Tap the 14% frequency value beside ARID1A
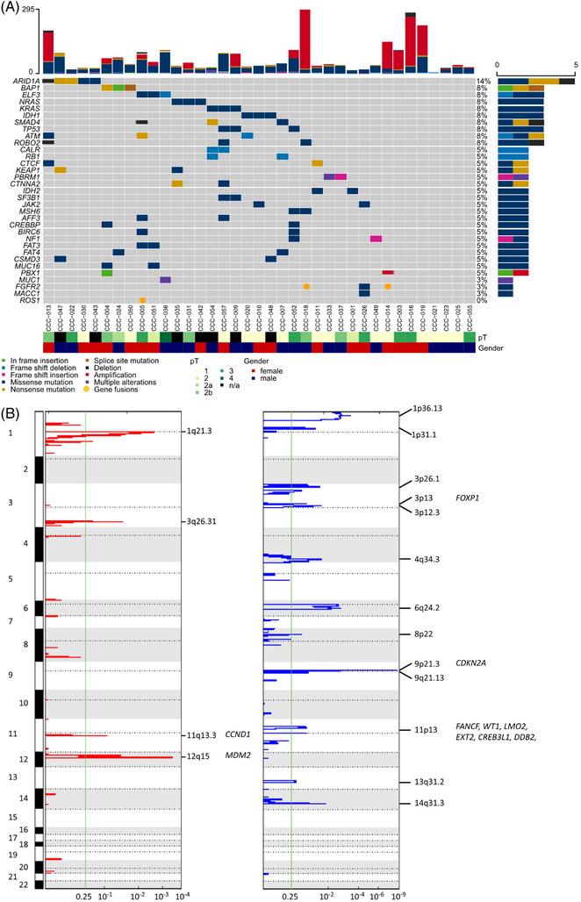tap(482, 81)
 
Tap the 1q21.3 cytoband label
tap(201, 432)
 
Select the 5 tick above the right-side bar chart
tap(575, 65)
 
